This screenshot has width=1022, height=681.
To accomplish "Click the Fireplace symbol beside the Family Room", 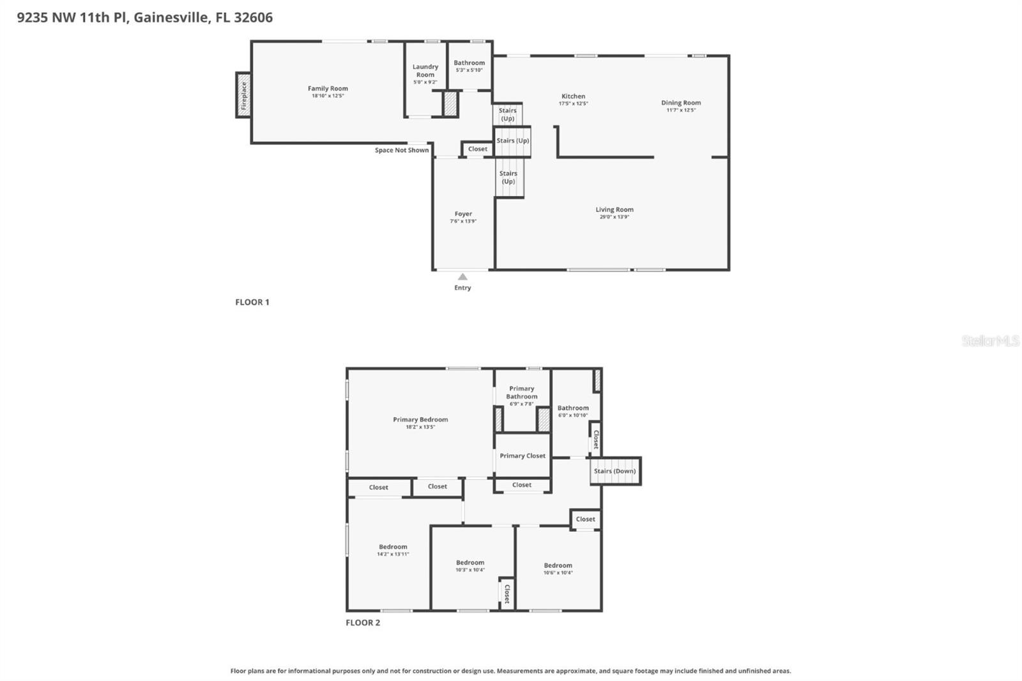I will coord(243,95).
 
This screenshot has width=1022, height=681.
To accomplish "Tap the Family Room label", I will coord(328,89).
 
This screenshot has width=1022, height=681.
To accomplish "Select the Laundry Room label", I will coord(425,70).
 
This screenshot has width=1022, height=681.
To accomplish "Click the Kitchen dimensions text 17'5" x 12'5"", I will coord(573,103).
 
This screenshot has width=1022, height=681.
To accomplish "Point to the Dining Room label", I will coord(681,102).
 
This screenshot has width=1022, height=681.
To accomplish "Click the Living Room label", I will coord(614,210).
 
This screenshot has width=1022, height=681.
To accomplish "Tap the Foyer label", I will coord(463,214).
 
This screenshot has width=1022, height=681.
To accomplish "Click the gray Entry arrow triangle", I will coord(462,277).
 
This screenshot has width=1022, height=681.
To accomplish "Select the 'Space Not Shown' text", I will coord(402,150).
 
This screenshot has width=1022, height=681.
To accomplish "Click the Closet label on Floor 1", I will coord(478,149).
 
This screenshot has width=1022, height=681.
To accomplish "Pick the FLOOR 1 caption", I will coord(252,302).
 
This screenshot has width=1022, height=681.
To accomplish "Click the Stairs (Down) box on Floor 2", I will coord(614,471).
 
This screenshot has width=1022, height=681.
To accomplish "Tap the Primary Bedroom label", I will coord(420,420).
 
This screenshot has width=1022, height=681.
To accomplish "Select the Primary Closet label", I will coord(522,455).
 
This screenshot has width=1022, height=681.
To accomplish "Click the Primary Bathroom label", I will coord(522,392).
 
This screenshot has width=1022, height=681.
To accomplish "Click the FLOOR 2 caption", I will coord(363,623).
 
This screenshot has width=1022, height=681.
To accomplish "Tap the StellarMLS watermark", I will coord(990,341).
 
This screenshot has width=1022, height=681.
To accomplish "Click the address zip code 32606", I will coord(253,17).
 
